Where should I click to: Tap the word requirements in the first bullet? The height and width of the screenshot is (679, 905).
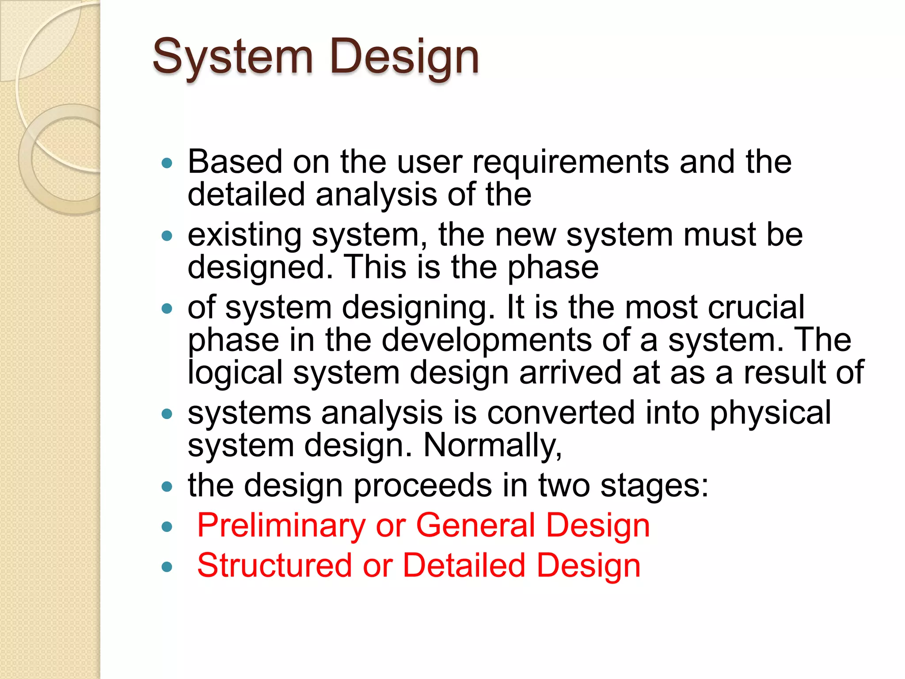pyautogui.click(x=570, y=162)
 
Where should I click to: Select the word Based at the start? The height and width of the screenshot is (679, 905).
pyautogui.click(x=235, y=162)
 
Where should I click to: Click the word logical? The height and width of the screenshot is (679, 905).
pyautogui.click(x=235, y=372)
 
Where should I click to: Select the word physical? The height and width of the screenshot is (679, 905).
pyautogui.click(x=770, y=412)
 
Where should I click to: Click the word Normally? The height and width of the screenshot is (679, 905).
pyautogui.click(x=492, y=445)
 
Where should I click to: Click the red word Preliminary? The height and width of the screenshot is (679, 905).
pyautogui.click(x=281, y=526)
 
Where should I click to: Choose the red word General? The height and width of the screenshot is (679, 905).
pyautogui.click(x=475, y=526)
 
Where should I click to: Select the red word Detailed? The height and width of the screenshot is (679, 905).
pyautogui.click(x=464, y=566)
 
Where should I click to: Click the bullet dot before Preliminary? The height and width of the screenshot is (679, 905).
pyautogui.click(x=167, y=526)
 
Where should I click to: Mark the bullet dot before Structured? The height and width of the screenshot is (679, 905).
pyautogui.click(x=167, y=567)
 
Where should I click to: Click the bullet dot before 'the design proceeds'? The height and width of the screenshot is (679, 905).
pyautogui.click(x=167, y=487)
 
